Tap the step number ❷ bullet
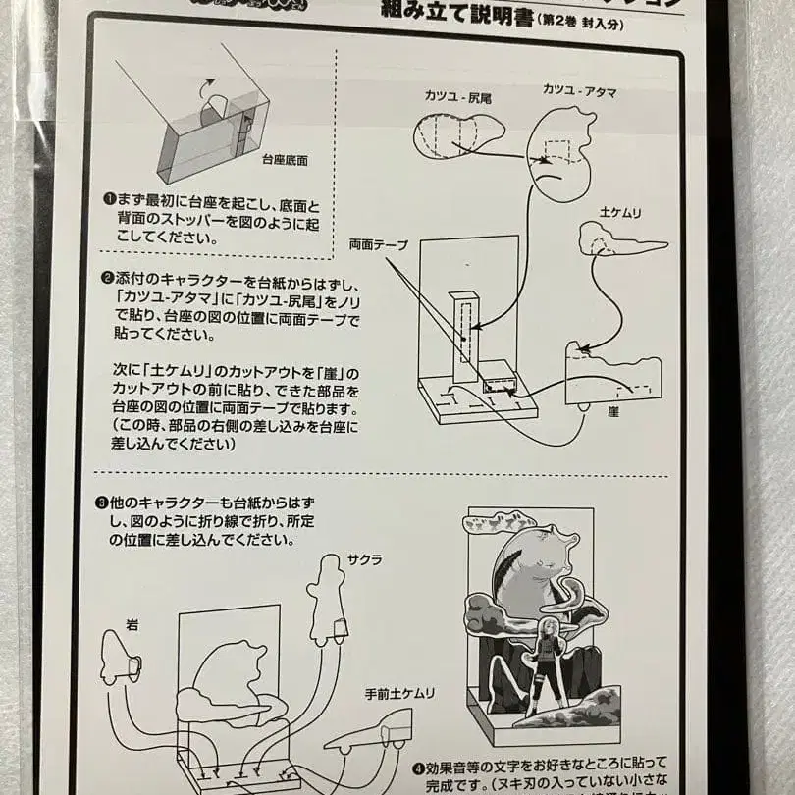tap(110, 278)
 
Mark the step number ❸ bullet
tap(101, 503)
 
